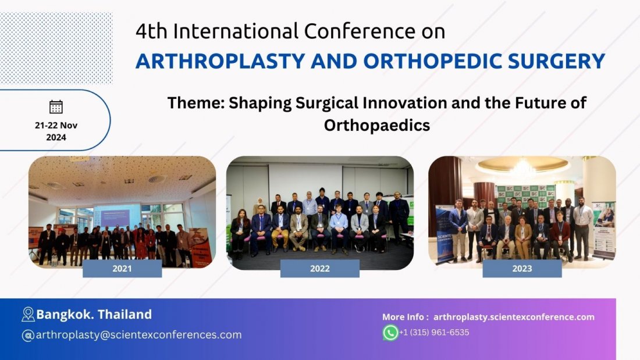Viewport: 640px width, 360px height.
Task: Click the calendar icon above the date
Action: point(56,106)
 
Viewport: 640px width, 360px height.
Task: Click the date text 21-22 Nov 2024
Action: point(56,131)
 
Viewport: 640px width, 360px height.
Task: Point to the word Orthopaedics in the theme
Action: point(376,125)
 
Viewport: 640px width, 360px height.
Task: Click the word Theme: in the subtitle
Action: point(195,103)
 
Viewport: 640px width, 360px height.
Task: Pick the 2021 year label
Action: point(122,268)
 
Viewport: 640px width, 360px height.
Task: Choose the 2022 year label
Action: point(319,268)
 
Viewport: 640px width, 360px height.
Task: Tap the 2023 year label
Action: point(522,268)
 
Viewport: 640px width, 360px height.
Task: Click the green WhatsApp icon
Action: point(390,333)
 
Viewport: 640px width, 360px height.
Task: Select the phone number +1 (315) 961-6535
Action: point(434,333)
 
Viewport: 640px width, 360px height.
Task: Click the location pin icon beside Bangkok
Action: point(28,315)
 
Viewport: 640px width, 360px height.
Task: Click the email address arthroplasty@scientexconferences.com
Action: point(138,335)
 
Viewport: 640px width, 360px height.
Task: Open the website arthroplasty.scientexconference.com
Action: point(514,317)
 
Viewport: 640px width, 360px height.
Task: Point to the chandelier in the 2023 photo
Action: point(522,169)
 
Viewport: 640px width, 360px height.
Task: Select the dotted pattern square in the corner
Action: point(56,48)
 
